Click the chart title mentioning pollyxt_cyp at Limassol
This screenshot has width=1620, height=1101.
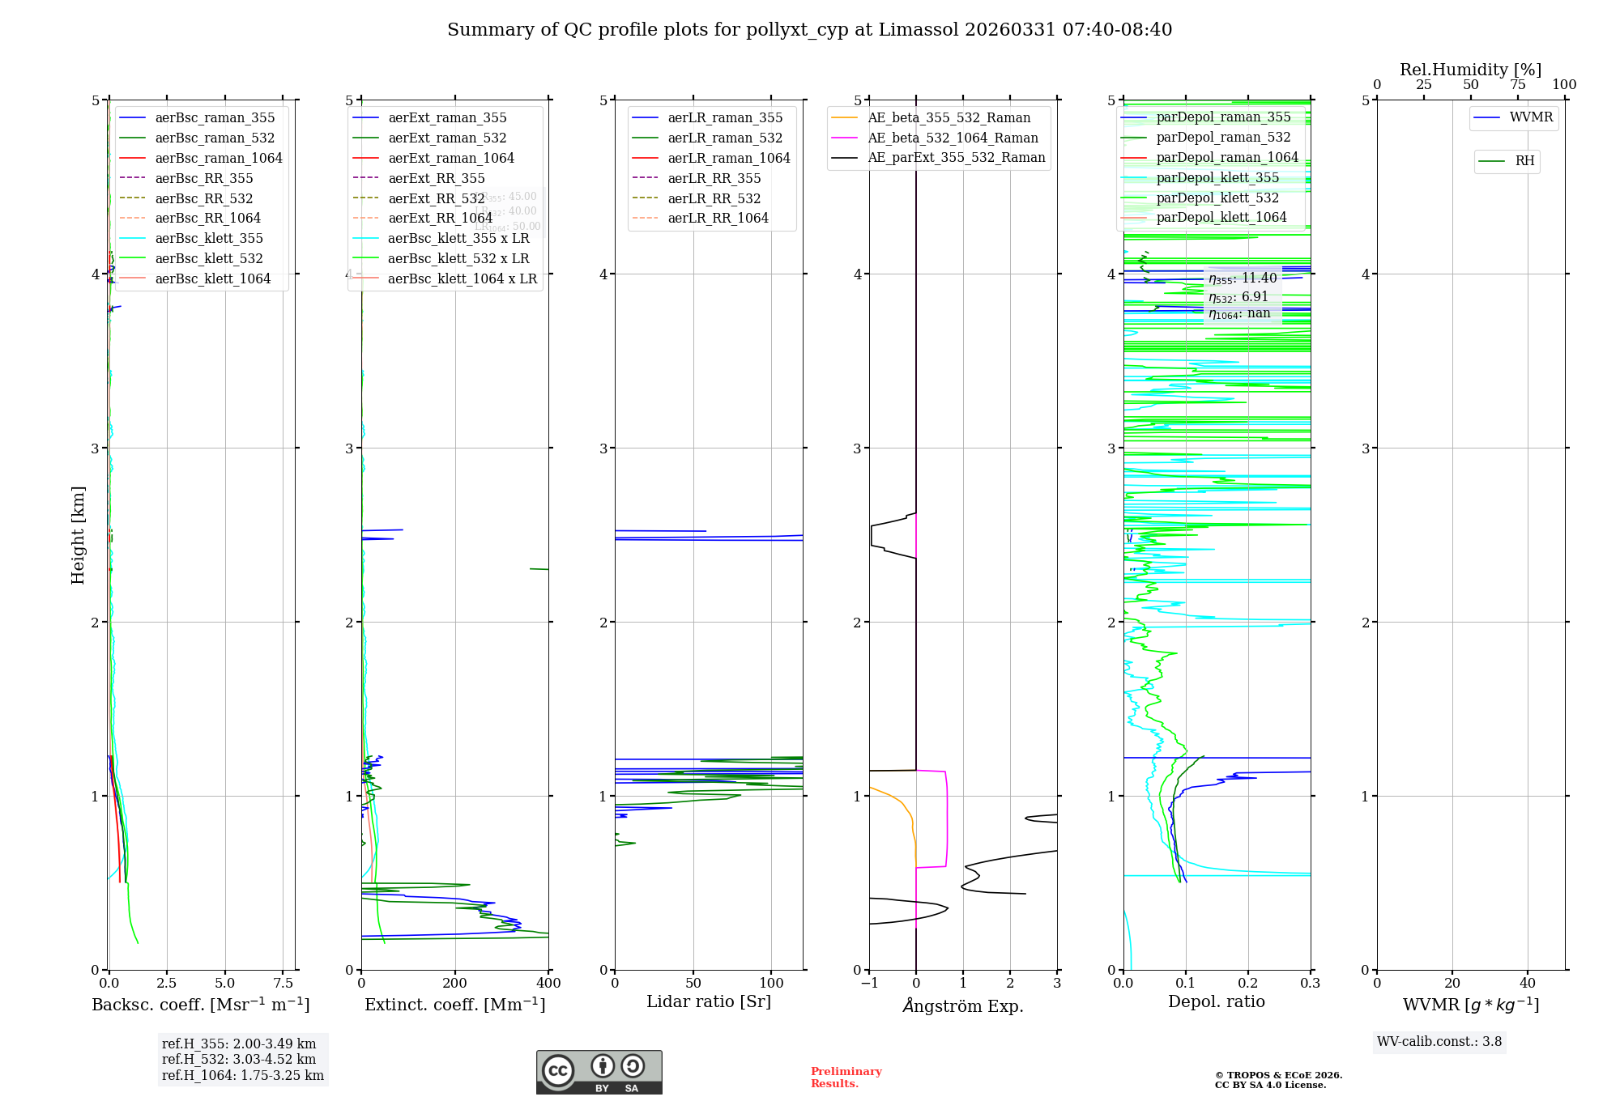[x=809, y=30]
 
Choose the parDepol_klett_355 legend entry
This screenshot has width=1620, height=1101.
[x=1217, y=177]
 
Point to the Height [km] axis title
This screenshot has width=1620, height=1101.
[x=78, y=534]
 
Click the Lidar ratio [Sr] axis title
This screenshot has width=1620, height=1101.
[x=709, y=1001]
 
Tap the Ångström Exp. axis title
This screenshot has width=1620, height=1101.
[x=963, y=1005]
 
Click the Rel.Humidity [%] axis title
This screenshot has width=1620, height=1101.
[x=1470, y=70]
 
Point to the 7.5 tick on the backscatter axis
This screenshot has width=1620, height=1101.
[x=283, y=983]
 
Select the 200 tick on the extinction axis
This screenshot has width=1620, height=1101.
[x=455, y=983]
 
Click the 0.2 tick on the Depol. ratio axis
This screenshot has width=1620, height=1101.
[x=1248, y=983]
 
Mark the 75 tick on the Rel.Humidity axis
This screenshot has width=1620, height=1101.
[x=1517, y=85]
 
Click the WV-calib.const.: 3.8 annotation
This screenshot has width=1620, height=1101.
[x=1439, y=1042]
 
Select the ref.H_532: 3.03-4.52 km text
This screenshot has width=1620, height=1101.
[x=239, y=1060]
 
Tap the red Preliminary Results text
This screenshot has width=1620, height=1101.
[x=846, y=1078]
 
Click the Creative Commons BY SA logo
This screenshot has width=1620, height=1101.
[x=599, y=1072]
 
